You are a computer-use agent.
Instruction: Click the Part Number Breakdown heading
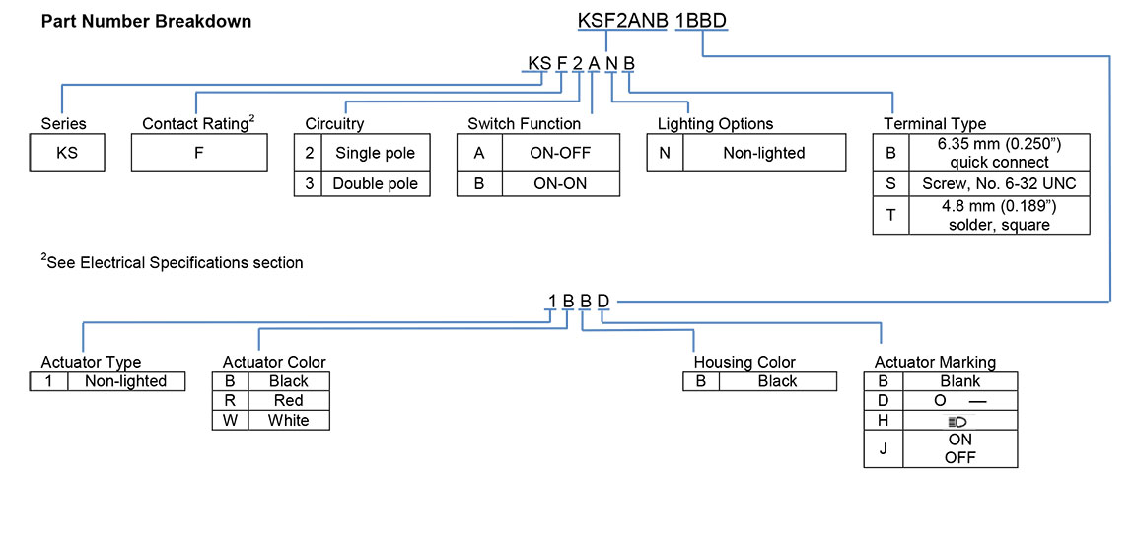pyautogui.click(x=146, y=22)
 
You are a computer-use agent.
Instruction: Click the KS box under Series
pyautogui.click(x=67, y=153)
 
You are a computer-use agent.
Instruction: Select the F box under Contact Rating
pyautogui.click(x=199, y=153)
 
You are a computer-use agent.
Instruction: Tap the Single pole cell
pyautogui.click(x=375, y=153)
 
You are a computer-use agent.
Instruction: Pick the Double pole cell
pyautogui.click(x=375, y=183)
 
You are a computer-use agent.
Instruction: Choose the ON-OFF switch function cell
pyautogui.click(x=561, y=153)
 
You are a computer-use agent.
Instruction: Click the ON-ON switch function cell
pyautogui.click(x=561, y=183)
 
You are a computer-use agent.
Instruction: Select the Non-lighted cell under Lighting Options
pyautogui.click(x=763, y=153)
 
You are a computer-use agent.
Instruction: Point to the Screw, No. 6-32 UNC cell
pyautogui.click(x=999, y=183)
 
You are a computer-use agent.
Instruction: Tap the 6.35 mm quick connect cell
pyautogui.click(x=999, y=153)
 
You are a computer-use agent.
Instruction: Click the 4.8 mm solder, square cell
pyautogui.click(x=999, y=216)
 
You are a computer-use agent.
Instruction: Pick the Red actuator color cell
pyautogui.click(x=288, y=401)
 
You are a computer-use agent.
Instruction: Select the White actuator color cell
pyautogui.click(x=288, y=420)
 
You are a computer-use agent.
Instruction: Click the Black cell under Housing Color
pyautogui.click(x=777, y=381)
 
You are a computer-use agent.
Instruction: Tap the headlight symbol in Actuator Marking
pyautogui.click(x=957, y=421)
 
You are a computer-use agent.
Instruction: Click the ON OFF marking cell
pyautogui.click(x=959, y=448)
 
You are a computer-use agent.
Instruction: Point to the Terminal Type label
pyautogui.click(x=934, y=124)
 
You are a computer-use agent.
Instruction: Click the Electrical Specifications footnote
pyautogui.click(x=172, y=263)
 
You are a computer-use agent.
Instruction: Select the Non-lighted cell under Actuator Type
pyautogui.click(x=126, y=381)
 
